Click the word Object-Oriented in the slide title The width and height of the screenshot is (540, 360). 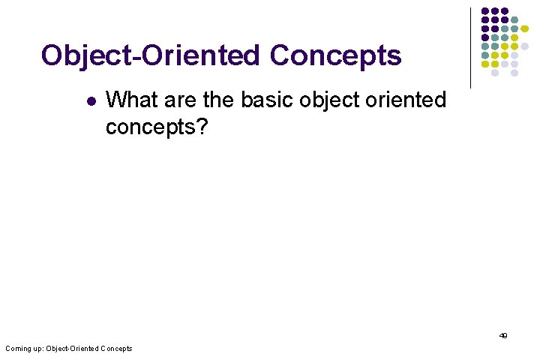(x=150, y=56)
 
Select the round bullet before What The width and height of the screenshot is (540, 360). (x=90, y=100)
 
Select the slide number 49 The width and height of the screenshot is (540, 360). (x=503, y=336)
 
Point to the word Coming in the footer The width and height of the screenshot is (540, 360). (x=17, y=349)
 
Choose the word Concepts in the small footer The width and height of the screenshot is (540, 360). (x=116, y=349)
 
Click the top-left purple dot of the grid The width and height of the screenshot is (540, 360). (x=485, y=11)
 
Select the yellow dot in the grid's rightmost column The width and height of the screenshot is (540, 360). (x=524, y=28)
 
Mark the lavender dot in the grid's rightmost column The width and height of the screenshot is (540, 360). (x=524, y=46)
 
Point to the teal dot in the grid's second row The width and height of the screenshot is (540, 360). (x=514, y=19)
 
